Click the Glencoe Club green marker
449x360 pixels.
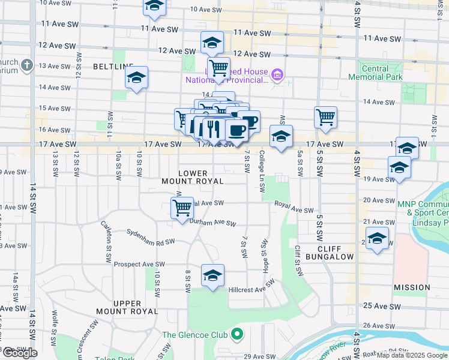pyautogui.click(x=238, y=334)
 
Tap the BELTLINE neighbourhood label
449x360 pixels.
pyautogui.click(x=109, y=65)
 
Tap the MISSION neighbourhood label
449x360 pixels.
pyautogui.click(x=412, y=288)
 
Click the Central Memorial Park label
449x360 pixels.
pyautogui.click(x=385, y=73)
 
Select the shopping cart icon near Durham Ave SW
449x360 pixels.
pyautogui.click(x=182, y=208)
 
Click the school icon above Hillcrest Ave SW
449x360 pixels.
pyautogui.click(x=212, y=276)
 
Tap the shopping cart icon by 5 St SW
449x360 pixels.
pyautogui.click(x=325, y=118)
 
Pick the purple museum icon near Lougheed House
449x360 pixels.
pyautogui.click(x=277, y=75)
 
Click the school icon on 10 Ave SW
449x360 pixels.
pyautogui.click(x=154, y=6)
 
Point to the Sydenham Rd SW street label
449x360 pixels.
pyautogui.click(x=150, y=238)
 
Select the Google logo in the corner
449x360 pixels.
pyautogui.click(x=20, y=353)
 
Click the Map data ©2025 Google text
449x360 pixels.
pyautogui.click(x=411, y=355)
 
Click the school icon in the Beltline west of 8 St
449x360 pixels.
pyautogui.click(x=137, y=77)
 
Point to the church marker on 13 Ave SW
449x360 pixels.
pyautogui.click(x=27, y=65)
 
